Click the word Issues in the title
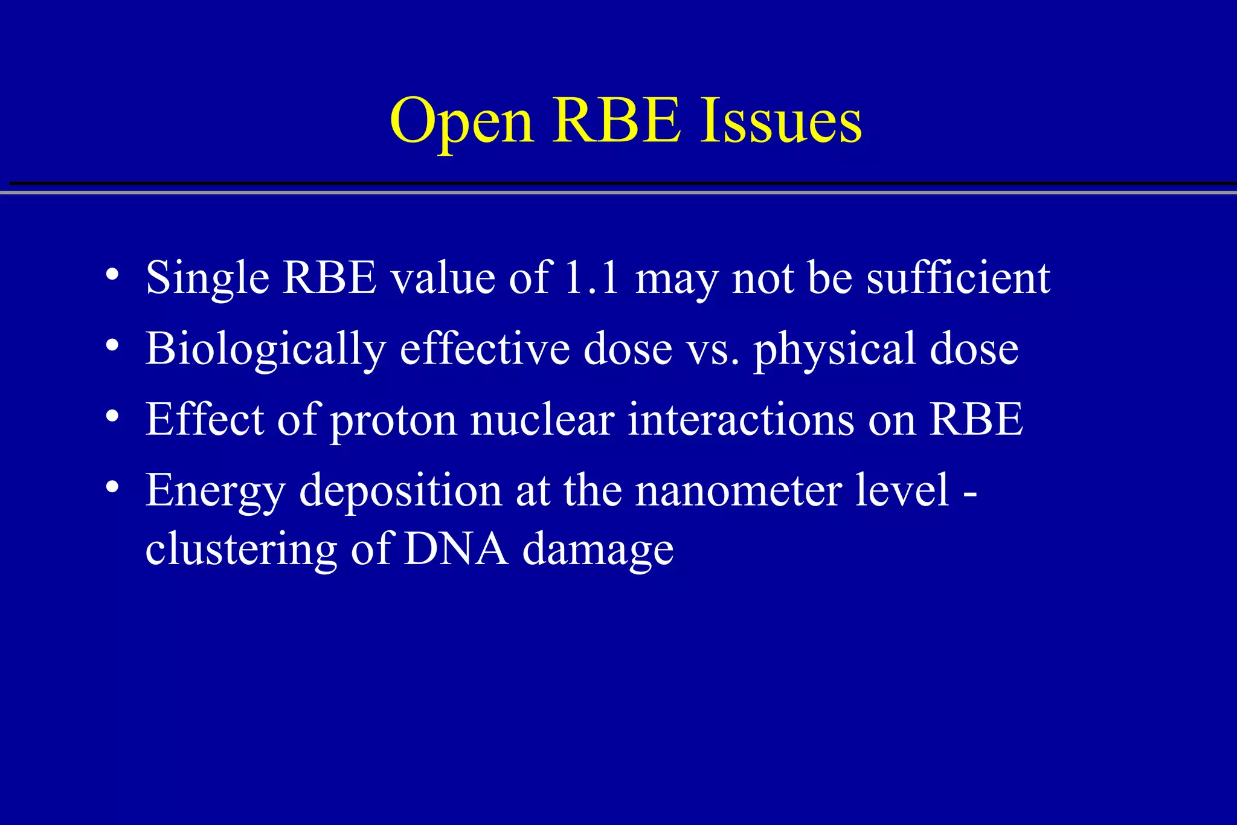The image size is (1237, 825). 781,121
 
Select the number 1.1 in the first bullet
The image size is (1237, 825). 591,278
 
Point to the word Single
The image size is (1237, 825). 207,279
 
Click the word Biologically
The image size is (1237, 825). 265,350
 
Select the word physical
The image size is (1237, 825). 834,350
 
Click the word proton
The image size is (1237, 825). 393,421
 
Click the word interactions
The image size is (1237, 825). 741,420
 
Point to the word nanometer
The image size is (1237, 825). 738,490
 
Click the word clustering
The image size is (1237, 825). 241,551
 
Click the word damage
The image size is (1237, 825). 597,551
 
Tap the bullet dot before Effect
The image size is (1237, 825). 112,416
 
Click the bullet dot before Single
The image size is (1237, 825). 112,275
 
